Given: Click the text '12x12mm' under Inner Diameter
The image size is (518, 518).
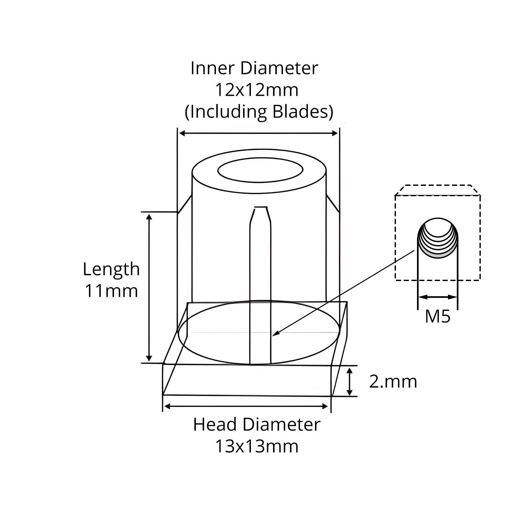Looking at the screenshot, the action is click(256, 90).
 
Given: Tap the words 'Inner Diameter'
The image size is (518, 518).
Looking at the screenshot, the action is click(254, 68).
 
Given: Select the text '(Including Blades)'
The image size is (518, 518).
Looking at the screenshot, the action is click(259, 112).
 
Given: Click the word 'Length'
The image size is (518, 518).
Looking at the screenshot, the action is click(111, 270).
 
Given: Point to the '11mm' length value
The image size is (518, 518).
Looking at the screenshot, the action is click(111, 291).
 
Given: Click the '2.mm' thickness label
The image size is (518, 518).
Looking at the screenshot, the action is click(393, 382).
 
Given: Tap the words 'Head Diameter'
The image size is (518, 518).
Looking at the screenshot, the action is click(256, 424).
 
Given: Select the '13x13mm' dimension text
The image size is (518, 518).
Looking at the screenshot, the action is click(256, 446).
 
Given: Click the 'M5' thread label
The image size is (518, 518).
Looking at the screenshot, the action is click(438, 316).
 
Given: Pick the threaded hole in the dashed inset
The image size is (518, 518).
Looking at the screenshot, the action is click(438, 238).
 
